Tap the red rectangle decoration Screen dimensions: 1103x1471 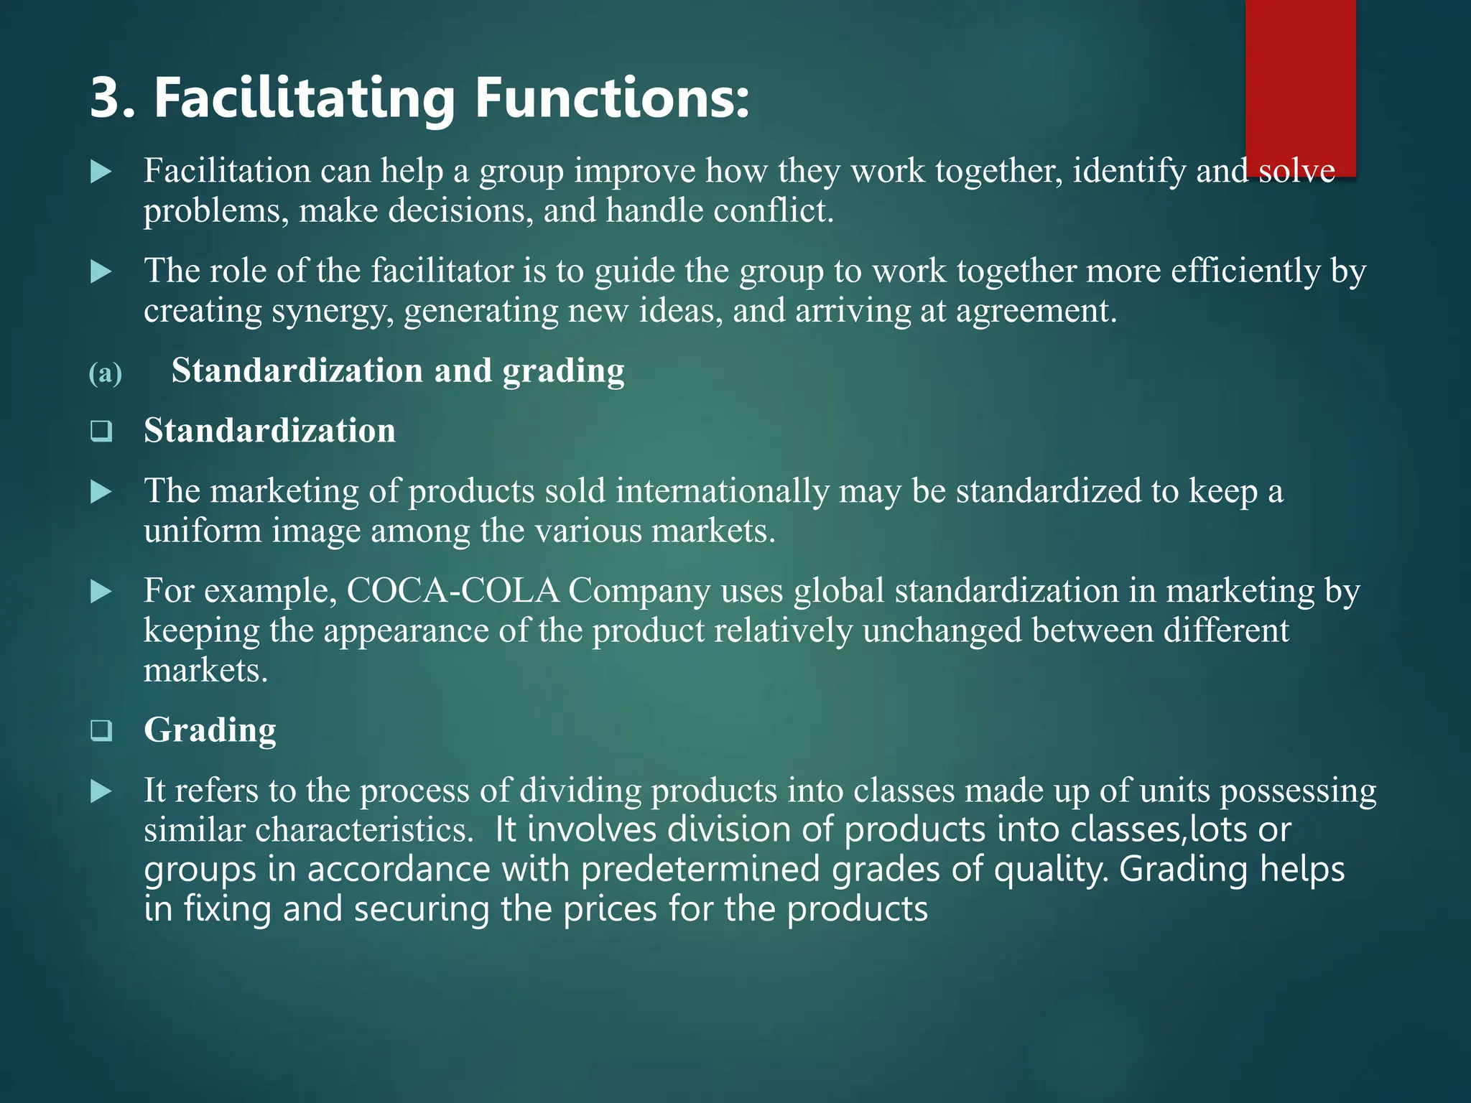1300,79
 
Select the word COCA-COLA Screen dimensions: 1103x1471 453,591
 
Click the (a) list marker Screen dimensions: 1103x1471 105,373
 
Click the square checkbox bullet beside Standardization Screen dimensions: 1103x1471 101,432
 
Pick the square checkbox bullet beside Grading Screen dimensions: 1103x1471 101,731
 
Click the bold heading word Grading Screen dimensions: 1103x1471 210,730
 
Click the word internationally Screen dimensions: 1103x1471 723,491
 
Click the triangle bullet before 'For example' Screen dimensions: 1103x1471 101,592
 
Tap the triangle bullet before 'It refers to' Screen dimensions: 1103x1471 101,792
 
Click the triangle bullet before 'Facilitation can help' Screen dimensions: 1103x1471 101,172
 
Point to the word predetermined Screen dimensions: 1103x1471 700,870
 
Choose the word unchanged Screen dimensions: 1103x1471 942,631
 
